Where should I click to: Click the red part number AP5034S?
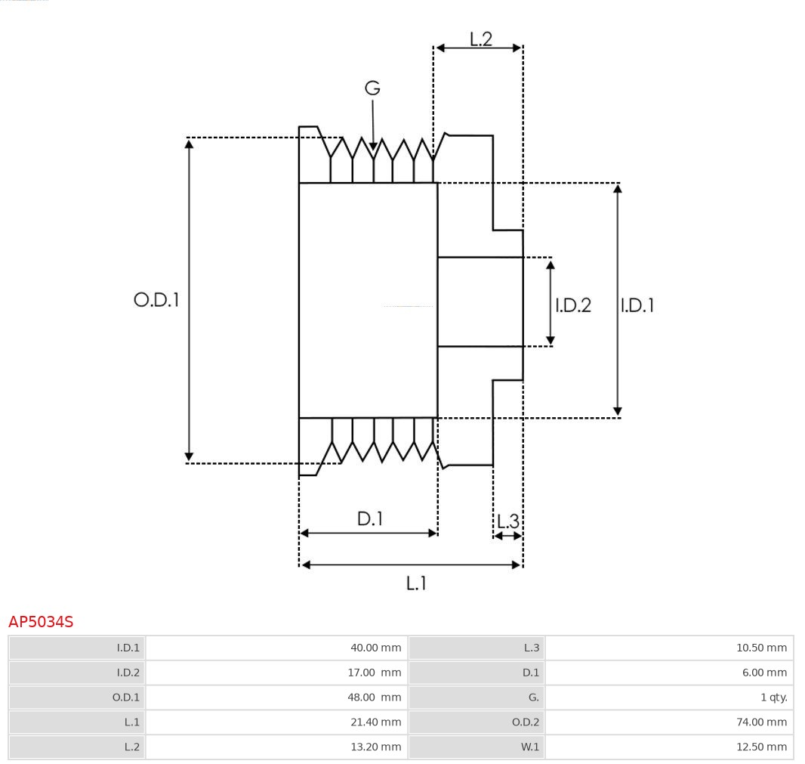tap(41, 622)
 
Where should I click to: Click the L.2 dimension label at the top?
tap(480, 39)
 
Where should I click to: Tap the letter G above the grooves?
tap(372, 88)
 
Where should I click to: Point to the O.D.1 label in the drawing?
tap(156, 300)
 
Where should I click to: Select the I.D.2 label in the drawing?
tap(573, 305)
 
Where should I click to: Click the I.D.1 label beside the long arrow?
tap(637, 305)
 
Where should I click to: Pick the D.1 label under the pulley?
tap(370, 519)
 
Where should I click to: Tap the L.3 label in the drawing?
tap(508, 521)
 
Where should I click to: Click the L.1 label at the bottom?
tap(416, 583)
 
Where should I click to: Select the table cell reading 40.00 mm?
tap(375, 648)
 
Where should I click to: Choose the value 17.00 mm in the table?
tap(375, 673)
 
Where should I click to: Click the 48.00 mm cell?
tap(375, 697)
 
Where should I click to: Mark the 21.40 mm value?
tap(375, 722)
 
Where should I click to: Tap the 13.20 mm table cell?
tap(375, 747)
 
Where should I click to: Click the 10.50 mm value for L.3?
tap(761, 648)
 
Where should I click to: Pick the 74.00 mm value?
tap(761, 722)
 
